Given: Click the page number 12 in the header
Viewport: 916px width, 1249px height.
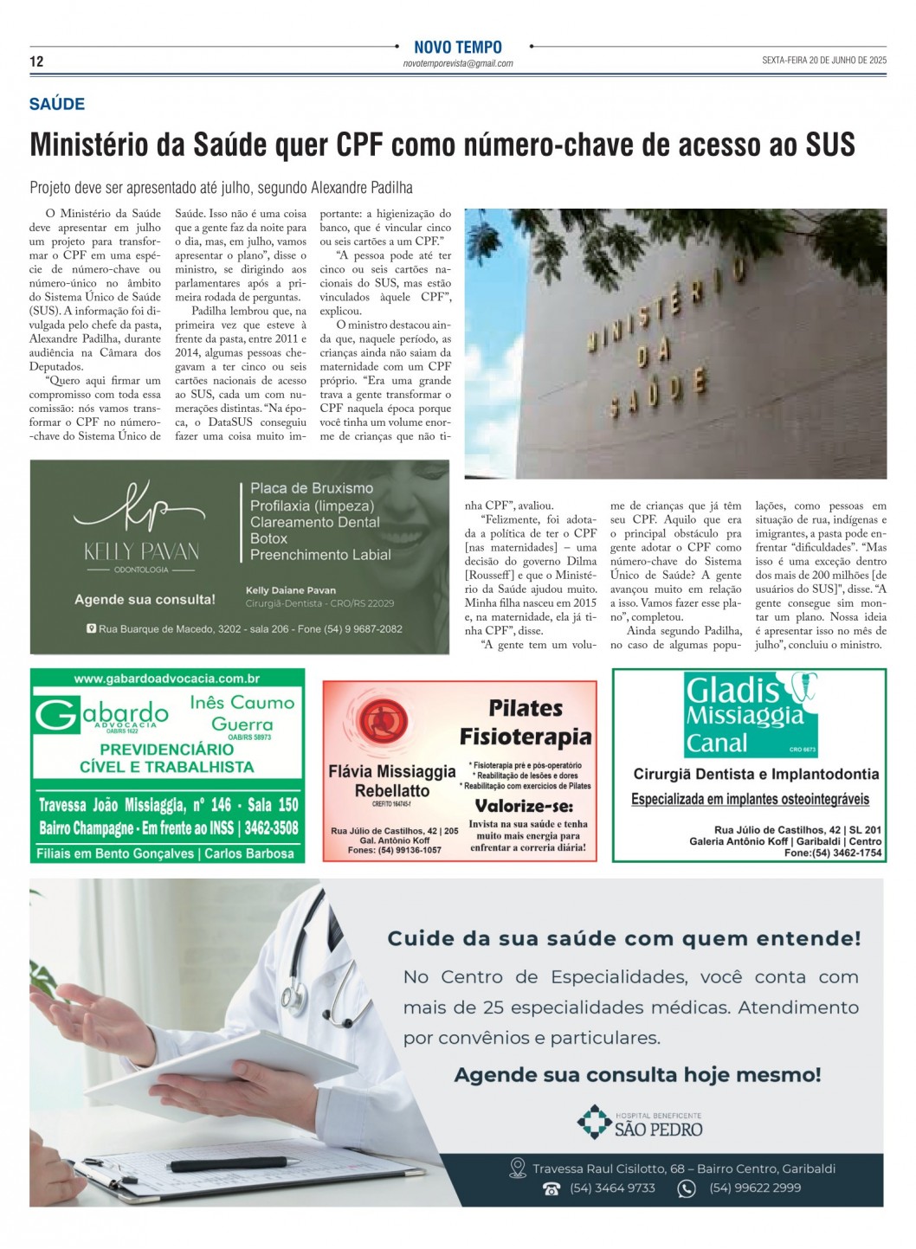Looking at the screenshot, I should [x=36, y=61].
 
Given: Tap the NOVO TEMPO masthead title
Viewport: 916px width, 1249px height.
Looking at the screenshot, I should [x=457, y=48].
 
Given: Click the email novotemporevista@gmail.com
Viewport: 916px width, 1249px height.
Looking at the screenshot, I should [x=457, y=64].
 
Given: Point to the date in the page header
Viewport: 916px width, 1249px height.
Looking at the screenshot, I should [x=823, y=61].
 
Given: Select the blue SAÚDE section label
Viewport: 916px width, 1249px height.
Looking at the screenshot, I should [x=57, y=105].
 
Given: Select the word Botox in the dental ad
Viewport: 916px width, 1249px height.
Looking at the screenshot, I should [x=268, y=538].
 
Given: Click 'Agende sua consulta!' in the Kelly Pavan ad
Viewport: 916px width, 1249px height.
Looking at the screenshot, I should [x=145, y=599].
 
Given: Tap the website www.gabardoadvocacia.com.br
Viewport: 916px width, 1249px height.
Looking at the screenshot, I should [x=167, y=679].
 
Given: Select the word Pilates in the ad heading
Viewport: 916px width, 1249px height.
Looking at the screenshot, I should [x=526, y=709].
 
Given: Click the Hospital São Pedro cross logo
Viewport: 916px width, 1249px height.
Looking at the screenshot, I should [x=594, y=1122].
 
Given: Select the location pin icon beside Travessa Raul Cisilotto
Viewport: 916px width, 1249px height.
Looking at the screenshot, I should [x=518, y=1169].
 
